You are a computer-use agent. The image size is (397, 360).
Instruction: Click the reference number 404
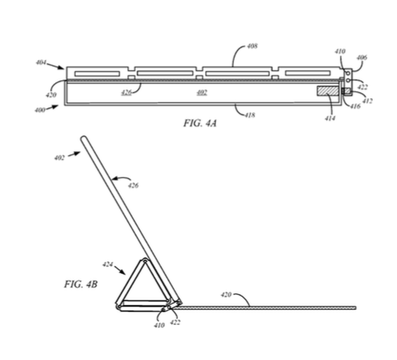coord(41,63)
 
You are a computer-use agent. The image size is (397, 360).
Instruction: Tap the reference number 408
coord(252,46)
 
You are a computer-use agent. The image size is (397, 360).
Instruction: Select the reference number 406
coord(362,58)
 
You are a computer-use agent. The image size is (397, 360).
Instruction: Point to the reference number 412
coord(368,101)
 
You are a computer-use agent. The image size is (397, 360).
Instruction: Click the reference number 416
coord(356,106)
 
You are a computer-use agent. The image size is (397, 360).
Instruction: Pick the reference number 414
coord(330,118)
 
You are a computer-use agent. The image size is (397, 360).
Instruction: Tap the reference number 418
coord(250,115)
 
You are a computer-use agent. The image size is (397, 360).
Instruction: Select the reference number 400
coord(40,110)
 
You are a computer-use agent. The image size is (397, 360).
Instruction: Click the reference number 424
coord(108,264)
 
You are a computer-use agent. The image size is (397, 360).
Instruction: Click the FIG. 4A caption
coord(200,124)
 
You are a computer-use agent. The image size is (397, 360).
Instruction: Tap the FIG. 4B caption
coord(80,284)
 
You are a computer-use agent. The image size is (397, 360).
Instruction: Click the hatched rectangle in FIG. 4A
coord(328,91)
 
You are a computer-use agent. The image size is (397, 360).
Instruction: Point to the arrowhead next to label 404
coord(62,67)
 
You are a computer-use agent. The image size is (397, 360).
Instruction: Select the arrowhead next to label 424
coord(123,272)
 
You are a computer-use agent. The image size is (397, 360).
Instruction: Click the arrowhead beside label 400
coord(55,106)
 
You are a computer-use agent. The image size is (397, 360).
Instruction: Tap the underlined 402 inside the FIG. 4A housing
coord(202,93)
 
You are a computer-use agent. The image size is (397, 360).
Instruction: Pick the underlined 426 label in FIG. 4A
coord(127,93)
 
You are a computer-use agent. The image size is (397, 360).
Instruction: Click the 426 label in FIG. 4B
coord(133,185)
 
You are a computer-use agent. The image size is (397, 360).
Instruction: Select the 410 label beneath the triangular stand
coord(159,325)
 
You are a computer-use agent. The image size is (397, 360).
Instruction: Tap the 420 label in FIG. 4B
coord(227,294)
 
